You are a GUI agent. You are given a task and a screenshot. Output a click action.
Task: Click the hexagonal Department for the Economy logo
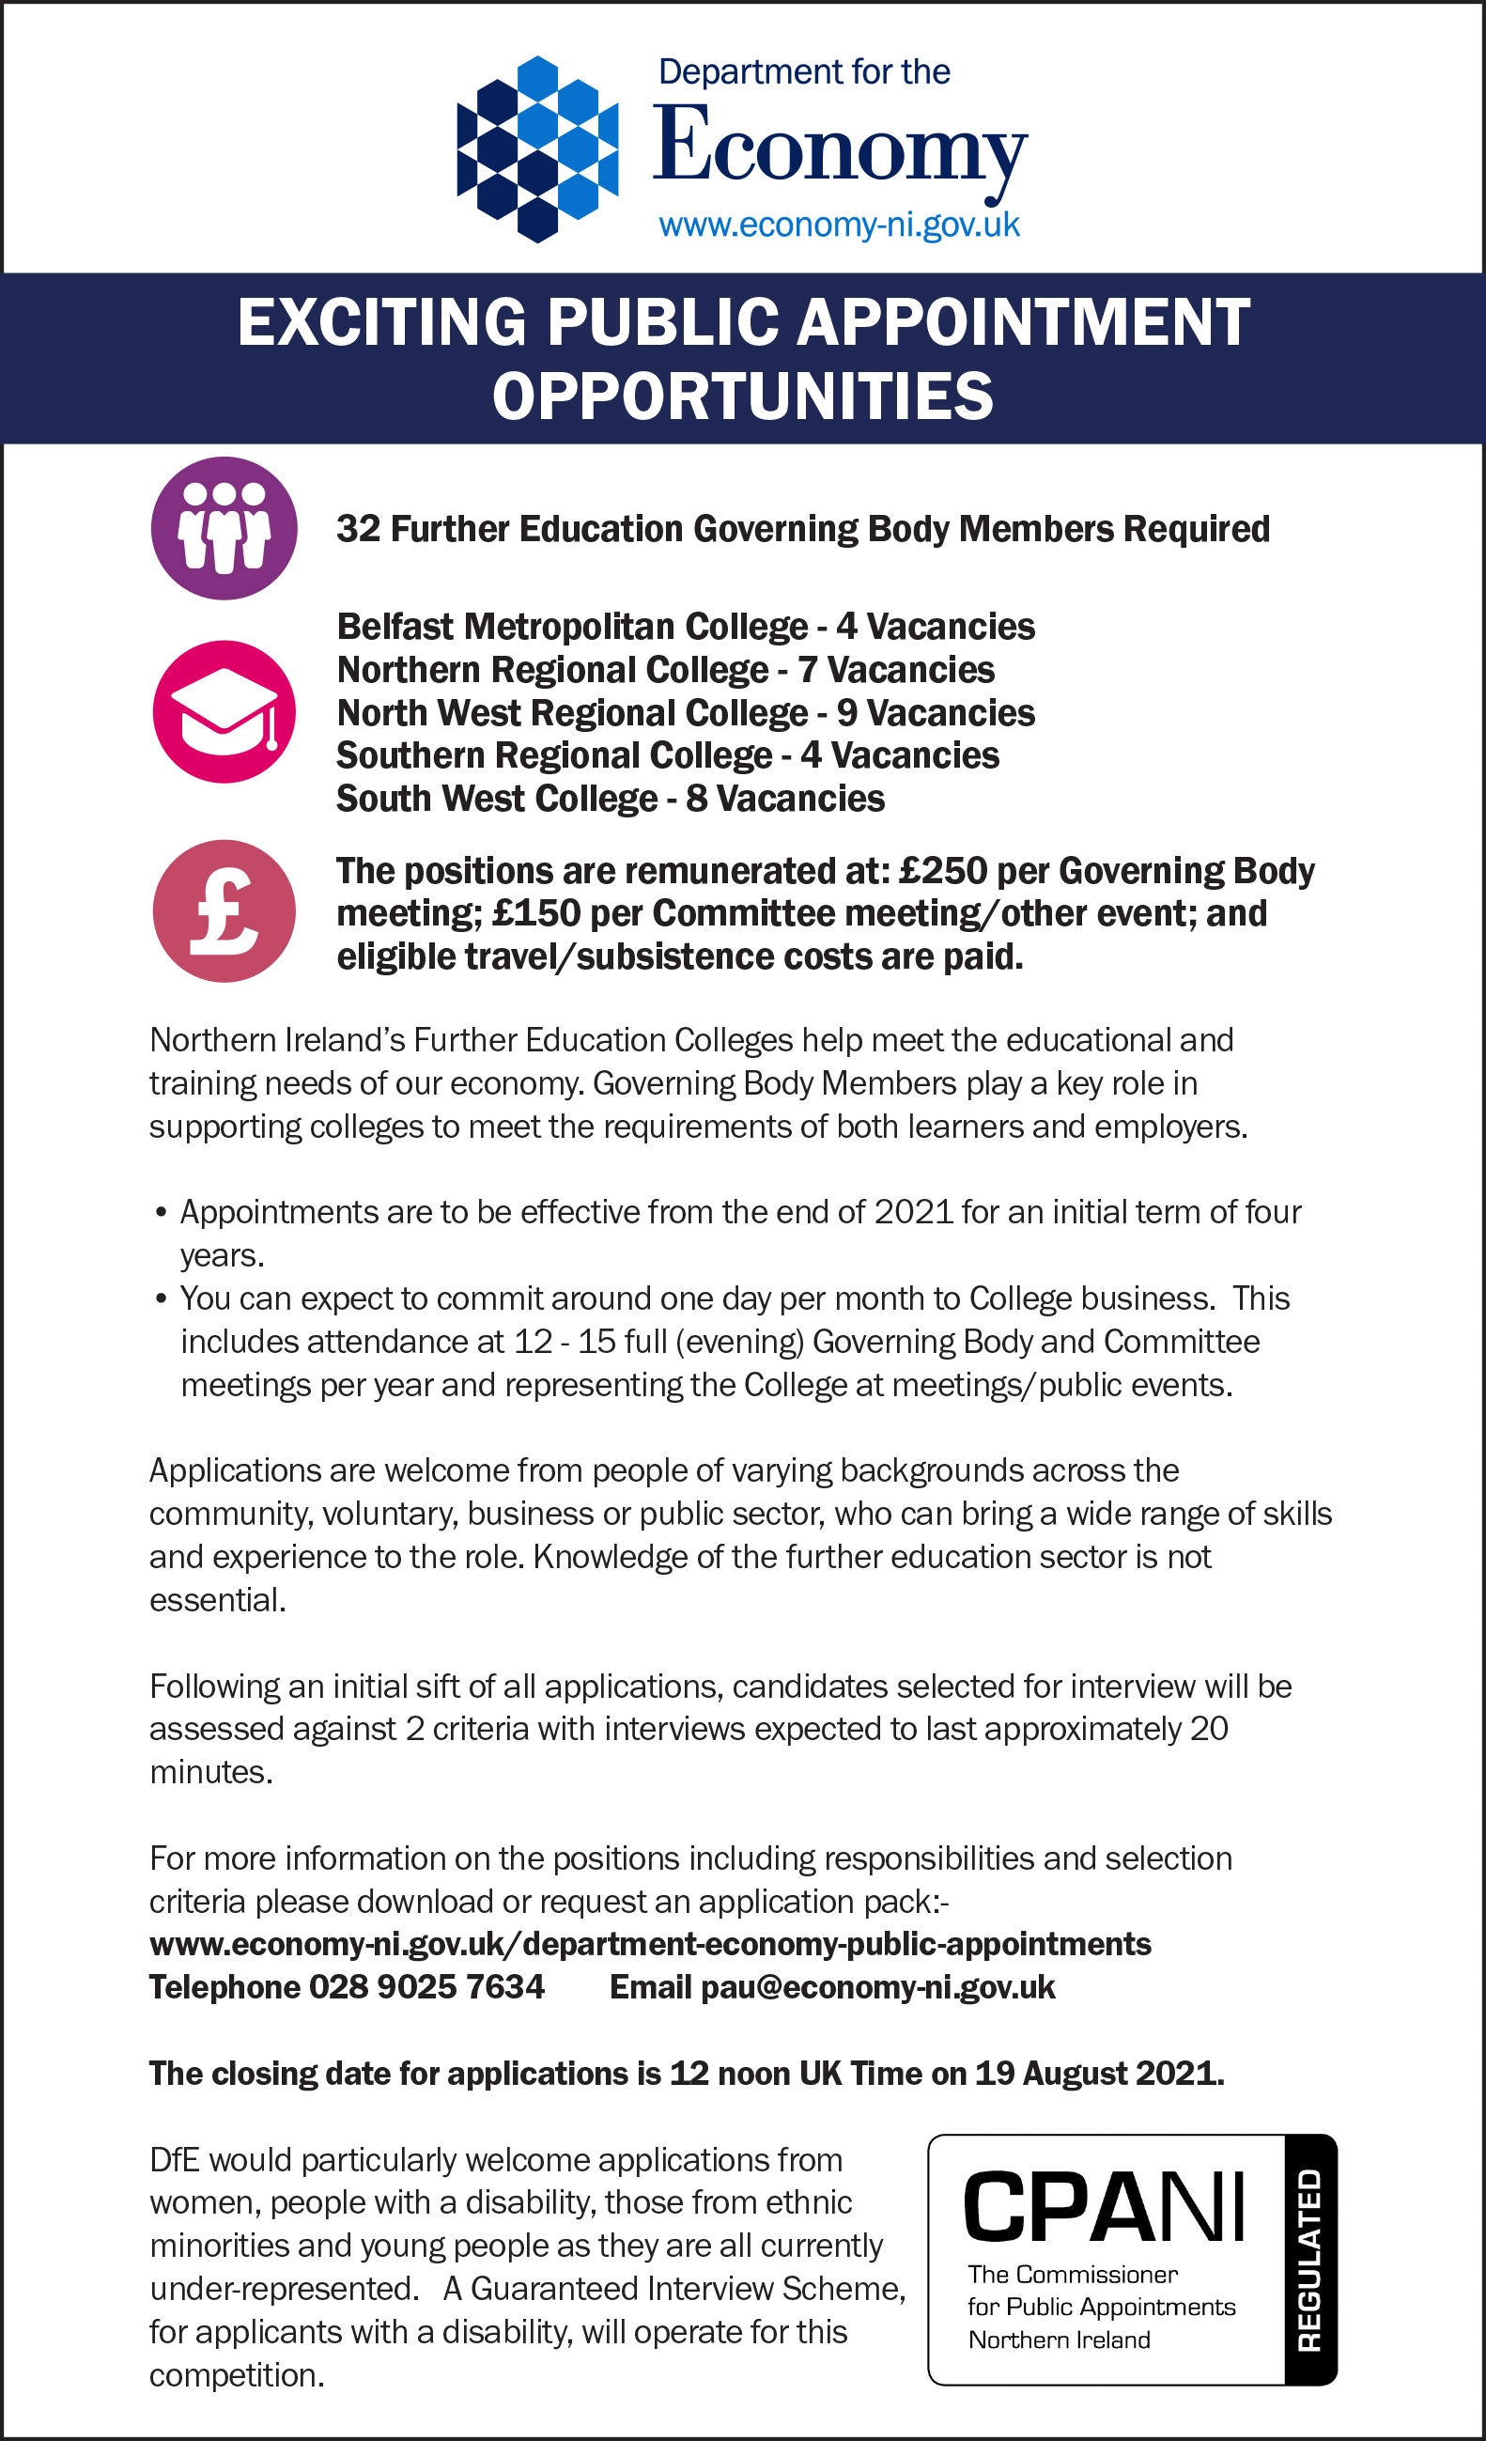[x=537, y=148]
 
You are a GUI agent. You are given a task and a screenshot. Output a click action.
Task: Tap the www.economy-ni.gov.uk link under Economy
[x=839, y=225]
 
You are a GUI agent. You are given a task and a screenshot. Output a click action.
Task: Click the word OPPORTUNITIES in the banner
[x=742, y=396]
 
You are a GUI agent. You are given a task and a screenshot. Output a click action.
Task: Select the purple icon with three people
[x=224, y=528]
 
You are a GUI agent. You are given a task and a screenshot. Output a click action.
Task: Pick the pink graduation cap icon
[x=224, y=711]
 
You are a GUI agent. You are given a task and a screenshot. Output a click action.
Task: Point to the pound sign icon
[x=224, y=910]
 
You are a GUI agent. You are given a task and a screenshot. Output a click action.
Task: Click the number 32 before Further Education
[x=358, y=529]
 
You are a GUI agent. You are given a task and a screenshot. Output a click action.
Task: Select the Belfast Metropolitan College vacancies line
[x=686, y=627]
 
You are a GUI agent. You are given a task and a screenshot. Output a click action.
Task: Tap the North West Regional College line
[x=686, y=713]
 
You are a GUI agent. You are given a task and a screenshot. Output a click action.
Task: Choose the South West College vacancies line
[x=611, y=799]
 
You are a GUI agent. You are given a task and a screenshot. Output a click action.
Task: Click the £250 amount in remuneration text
[x=942, y=871]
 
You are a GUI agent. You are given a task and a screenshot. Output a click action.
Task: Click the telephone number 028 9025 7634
[x=427, y=1987]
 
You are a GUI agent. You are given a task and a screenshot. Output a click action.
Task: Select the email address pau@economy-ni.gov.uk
[x=877, y=1987]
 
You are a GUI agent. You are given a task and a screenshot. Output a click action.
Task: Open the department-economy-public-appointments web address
[x=650, y=1944]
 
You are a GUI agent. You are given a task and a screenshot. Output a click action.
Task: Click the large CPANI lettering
[x=1104, y=2206]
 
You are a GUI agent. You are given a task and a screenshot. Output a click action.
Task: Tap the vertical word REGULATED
[x=1309, y=2260]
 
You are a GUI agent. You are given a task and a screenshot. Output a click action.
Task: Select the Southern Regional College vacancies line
[x=668, y=755]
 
